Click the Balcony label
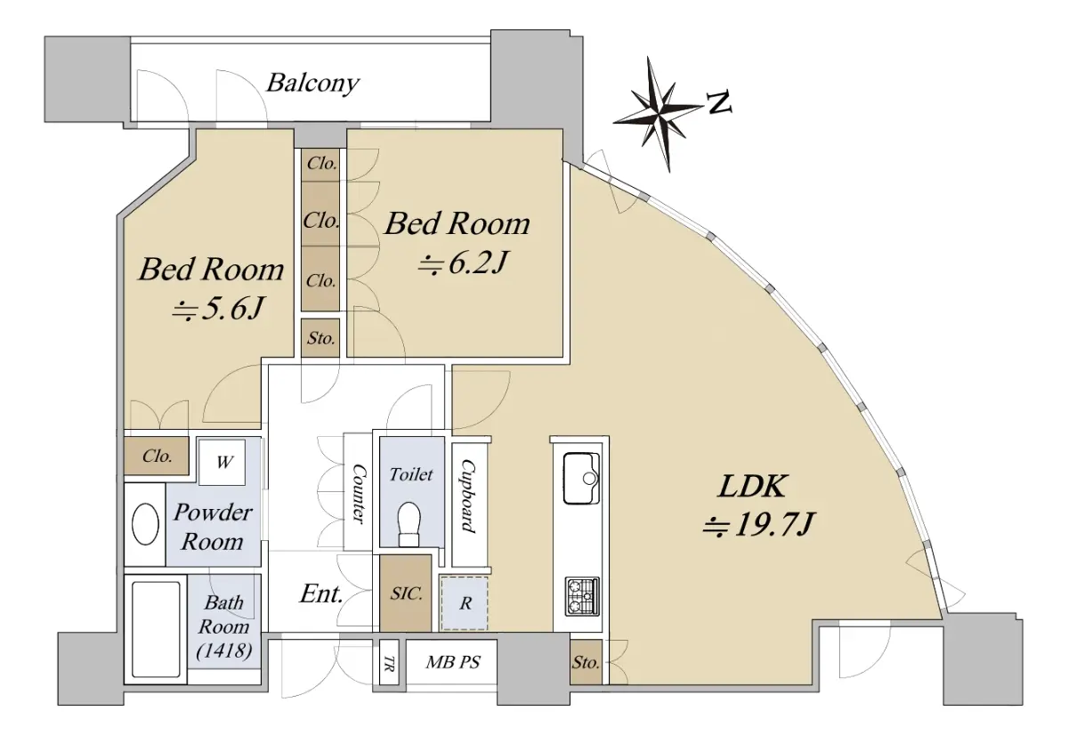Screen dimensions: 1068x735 312,84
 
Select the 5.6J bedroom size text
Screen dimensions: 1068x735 217,309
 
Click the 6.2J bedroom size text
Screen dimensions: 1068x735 462,262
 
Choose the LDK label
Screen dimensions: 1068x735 752,486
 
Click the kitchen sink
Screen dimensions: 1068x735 581,478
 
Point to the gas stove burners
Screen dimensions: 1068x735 582,596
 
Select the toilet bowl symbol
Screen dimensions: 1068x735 409,524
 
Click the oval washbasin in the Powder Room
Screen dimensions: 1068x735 145,524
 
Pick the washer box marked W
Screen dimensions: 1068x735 222,462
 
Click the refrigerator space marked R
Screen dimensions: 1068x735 465,603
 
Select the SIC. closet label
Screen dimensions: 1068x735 406,594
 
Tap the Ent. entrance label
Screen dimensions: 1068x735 321,594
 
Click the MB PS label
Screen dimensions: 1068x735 453,662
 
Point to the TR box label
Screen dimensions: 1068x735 389,664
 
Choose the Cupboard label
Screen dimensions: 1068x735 468,497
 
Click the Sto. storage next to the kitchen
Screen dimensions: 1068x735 586,663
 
